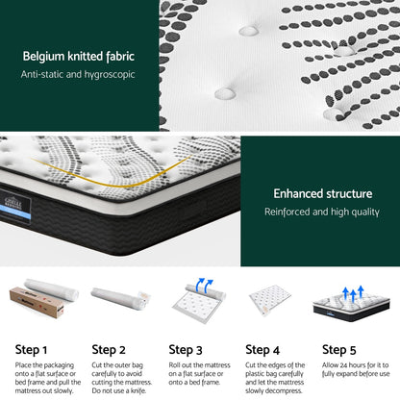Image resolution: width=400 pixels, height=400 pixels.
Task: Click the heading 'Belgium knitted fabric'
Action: tap(80, 56)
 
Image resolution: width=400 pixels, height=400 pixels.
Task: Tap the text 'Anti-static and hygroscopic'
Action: tap(80, 74)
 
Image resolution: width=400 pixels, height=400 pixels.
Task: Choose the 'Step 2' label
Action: tap(109, 349)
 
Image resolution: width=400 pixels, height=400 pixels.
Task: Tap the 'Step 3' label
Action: tap(186, 349)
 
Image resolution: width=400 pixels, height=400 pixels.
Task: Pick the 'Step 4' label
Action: tap(262, 349)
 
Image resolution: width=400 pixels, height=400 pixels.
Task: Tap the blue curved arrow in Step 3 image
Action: tap(204, 286)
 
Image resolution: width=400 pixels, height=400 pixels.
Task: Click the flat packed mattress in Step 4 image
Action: tap(273, 300)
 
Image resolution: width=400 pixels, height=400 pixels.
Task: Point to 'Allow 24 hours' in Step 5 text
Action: tap(348, 365)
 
